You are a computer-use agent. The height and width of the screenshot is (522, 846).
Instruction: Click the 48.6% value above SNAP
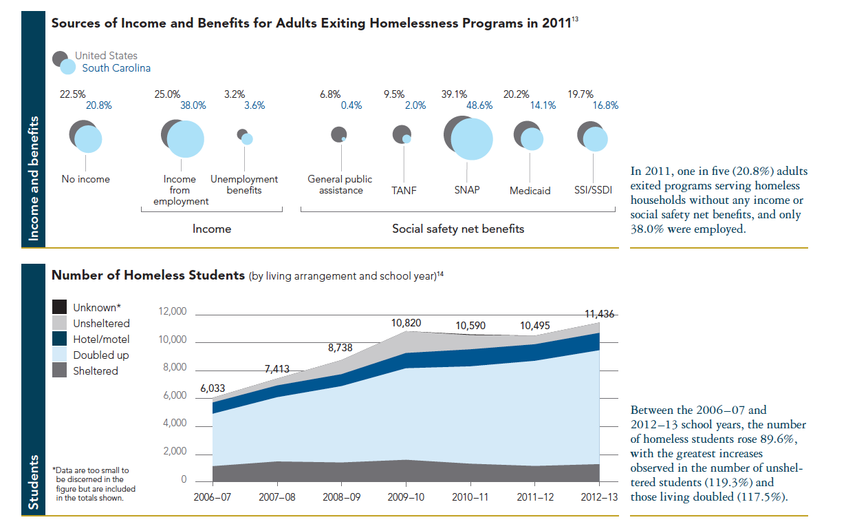pos(479,106)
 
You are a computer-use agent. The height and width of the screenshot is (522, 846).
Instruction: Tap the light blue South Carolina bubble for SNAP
pos(472,140)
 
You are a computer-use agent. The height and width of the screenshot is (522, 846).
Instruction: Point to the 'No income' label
pos(85,179)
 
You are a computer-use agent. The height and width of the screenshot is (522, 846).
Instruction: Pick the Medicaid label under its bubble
pos(530,191)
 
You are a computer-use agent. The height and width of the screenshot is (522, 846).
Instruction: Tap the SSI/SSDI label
pos(594,190)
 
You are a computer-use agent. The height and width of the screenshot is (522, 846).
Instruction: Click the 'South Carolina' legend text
pos(116,68)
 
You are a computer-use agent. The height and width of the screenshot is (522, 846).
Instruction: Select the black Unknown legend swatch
pos(60,308)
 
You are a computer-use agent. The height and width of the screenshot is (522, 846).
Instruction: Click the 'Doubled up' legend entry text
pos(101,355)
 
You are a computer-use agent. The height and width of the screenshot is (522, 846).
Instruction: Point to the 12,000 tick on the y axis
pos(173,312)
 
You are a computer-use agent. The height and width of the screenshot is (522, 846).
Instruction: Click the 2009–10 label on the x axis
pos(406,497)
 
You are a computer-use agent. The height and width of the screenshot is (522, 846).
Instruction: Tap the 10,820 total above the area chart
pos(406,322)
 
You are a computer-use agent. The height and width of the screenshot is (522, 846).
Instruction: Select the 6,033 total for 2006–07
pos(213,388)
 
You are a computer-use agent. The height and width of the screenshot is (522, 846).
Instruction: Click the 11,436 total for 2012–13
pos(600,314)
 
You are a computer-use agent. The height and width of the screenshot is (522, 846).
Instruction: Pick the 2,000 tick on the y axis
pos(175,452)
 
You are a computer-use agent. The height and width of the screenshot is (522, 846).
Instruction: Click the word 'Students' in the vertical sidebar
pos(34,482)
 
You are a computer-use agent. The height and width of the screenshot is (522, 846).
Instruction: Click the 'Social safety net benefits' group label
pos(457,229)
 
